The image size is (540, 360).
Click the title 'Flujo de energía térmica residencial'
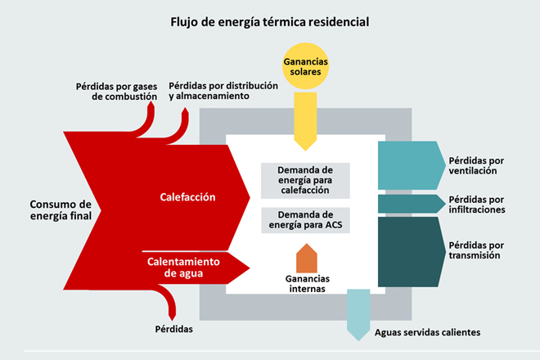coord(270,20)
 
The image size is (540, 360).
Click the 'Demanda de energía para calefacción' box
coord(306,180)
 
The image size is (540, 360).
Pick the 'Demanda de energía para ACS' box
coord(306,220)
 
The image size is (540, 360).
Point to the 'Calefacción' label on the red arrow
coord(187,197)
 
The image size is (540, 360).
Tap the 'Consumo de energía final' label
coord(61,209)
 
